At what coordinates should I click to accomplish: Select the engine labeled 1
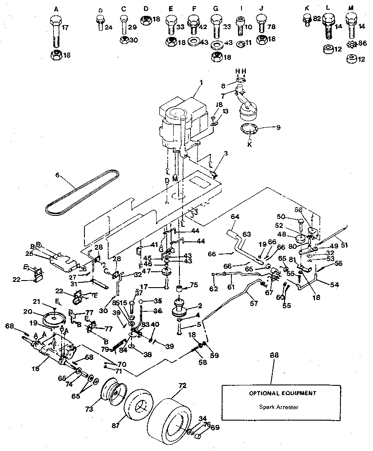point(180,121)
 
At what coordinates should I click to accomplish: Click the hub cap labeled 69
point(198,436)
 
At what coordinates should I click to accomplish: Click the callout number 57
point(252,303)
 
